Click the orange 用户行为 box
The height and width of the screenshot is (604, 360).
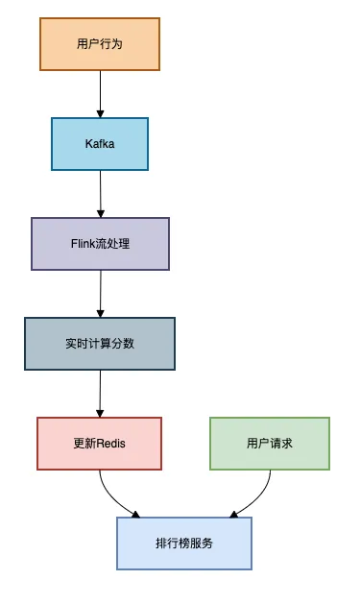point(100,43)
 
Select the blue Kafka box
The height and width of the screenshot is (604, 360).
point(100,144)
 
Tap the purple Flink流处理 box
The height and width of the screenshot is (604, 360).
point(100,243)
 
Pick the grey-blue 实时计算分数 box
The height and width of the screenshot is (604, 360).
point(100,343)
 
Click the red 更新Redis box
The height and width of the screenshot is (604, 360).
point(100,443)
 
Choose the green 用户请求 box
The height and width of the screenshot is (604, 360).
point(269,443)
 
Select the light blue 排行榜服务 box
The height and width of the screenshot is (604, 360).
point(184,543)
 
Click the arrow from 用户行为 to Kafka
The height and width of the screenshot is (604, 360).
point(100,93)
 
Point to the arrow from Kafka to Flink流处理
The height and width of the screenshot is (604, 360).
point(100,193)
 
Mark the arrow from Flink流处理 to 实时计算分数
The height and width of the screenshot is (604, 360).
point(100,293)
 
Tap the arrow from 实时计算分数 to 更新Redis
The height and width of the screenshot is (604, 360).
point(100,393)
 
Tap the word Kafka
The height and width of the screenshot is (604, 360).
point(100,144)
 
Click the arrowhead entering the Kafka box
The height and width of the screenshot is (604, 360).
point(100,112)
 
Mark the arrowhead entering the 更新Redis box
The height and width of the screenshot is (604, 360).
point(100,412)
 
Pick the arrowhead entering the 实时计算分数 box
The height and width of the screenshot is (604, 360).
point(100,312)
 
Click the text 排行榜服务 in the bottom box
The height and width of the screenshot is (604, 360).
point(184,543)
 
